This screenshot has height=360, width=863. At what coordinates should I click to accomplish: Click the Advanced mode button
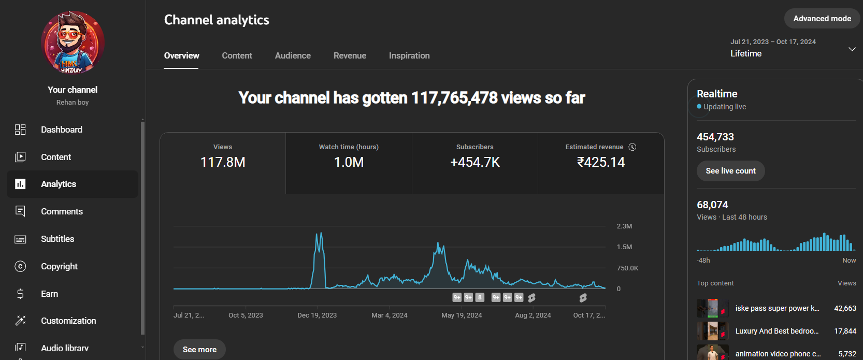822,19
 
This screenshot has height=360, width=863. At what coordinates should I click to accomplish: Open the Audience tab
293,55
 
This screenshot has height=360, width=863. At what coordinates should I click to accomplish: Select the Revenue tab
350,55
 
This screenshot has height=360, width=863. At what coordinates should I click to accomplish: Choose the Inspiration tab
409,55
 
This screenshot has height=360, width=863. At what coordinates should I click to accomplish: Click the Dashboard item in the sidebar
62,129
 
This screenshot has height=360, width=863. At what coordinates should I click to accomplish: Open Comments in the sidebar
62,211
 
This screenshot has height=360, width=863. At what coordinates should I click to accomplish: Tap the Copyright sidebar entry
60,266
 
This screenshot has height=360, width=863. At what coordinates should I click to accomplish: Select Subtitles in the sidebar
57,239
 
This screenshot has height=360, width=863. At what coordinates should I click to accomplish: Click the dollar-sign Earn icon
20,294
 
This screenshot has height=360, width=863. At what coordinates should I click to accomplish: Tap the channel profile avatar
73,42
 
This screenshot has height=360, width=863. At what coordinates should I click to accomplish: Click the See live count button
730,171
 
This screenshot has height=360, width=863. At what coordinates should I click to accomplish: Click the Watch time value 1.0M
349,162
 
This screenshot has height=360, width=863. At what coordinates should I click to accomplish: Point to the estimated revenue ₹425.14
601,162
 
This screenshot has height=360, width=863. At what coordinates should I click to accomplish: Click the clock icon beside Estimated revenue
632,147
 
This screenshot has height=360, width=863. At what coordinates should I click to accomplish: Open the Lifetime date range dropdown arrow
852,49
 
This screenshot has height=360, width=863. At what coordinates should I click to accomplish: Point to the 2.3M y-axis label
624,226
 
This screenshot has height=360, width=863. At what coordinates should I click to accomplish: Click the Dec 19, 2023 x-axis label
317,315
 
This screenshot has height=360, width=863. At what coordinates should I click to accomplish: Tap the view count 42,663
845,308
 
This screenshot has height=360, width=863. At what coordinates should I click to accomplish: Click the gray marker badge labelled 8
480,297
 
